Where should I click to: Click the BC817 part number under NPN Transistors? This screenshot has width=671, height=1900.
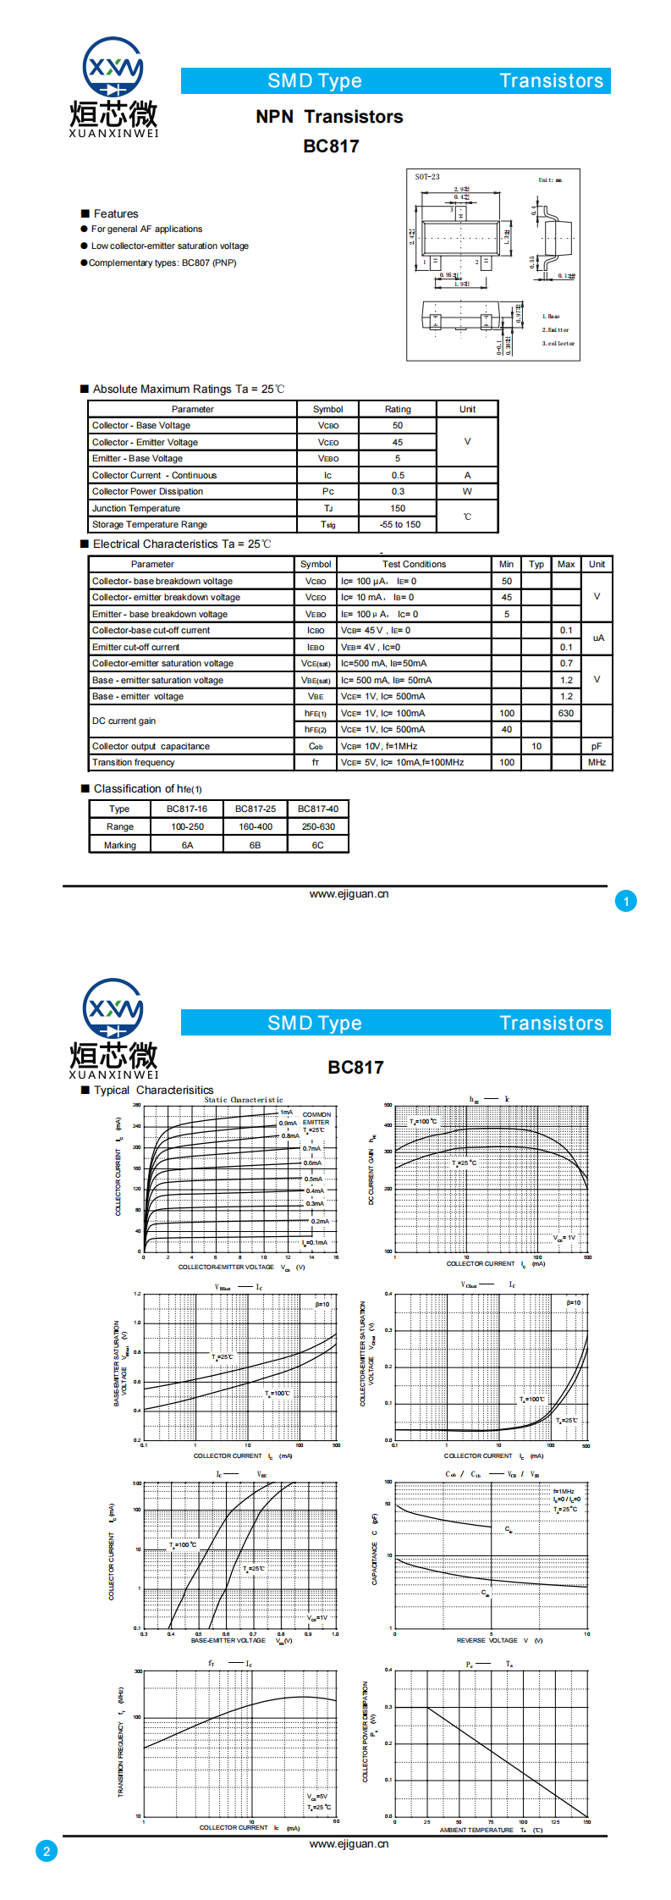point(331,146)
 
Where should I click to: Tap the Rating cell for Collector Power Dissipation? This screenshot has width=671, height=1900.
point(398,492)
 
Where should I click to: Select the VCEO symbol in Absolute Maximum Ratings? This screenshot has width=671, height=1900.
point(328,443)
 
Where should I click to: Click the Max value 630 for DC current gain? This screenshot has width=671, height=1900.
point(566,714)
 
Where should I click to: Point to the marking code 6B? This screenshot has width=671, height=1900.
point(255,845)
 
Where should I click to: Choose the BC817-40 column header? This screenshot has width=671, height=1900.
point(317,809)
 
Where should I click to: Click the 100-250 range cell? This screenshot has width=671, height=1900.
point(187,827)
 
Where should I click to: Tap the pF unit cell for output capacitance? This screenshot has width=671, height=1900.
point(597,747)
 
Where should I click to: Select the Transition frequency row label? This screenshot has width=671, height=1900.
point(134,763)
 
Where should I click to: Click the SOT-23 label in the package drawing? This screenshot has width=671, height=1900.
point(427,177)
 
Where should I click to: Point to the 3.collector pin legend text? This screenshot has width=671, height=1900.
point(558,344)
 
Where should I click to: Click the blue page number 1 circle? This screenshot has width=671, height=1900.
point(626,902)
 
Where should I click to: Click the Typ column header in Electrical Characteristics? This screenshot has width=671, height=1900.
point(536,565)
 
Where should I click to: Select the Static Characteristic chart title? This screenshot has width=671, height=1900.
point(244,1100)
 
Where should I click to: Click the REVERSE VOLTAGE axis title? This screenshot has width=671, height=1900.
point(487,1641)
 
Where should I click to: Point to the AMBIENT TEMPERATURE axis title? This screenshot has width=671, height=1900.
point(476,1831)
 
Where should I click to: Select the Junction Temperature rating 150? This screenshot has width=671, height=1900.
point(398,509)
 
